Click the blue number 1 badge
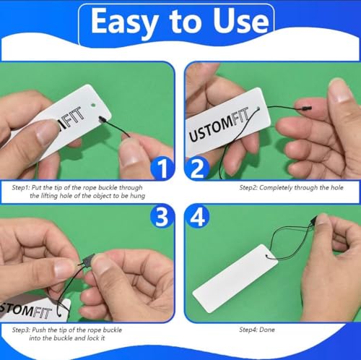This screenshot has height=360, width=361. coord(162,168)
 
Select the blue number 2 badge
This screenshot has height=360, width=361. coord(197,168)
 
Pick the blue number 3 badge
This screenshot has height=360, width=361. coord(162,216)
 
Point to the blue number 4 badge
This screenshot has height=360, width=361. coord(197,216)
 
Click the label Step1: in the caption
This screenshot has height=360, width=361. coord(21,188)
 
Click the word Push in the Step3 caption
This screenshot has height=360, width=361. coord(38,330)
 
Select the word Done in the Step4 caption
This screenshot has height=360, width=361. coord(267,330)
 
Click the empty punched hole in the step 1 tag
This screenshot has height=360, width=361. coord(93,105)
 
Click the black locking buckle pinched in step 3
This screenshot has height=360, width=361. coord(87,260)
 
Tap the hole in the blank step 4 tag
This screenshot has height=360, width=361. coord(267,256)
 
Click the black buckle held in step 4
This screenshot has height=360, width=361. coord(313,221)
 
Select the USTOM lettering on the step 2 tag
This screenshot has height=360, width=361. coord(212,129)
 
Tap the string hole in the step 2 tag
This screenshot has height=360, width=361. coord(258,108)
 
